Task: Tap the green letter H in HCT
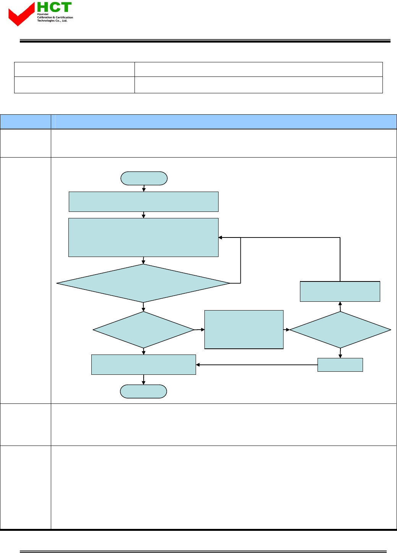pos(42,7)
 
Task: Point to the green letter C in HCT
pos(54,7)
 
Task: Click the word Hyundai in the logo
pos(42,14)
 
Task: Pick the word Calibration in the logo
pos(44,18)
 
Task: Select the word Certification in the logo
pos(64,18)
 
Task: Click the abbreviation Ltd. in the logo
pos(65,21)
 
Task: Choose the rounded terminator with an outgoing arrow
pos(144,178)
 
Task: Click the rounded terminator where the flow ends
pos(143,391)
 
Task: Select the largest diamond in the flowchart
pos(143,283)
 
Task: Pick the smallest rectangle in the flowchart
pos(340,365)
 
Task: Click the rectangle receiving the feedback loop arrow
pos(143,237)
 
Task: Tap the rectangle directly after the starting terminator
pos(143,202)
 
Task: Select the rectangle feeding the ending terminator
pos(143,364)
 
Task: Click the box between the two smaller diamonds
pos(244,329)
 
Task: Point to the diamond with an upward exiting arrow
pos(340,330)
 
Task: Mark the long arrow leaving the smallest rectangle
pos(256,365)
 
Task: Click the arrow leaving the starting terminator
pos(144,188)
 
